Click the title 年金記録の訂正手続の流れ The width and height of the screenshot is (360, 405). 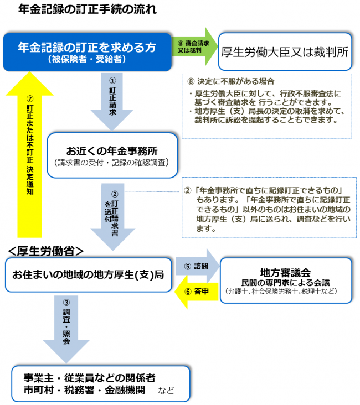click(x=87, y=9)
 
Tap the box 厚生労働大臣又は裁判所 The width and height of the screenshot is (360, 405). click(x=284, y=53)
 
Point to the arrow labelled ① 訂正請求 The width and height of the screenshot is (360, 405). click(x=112, y=100)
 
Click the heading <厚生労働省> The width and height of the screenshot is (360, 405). click(x=45, y=251)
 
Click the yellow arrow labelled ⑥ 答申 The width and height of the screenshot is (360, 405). click(x=197, y=291)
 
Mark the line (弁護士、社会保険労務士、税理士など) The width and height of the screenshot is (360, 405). click(x=286, y=291)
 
